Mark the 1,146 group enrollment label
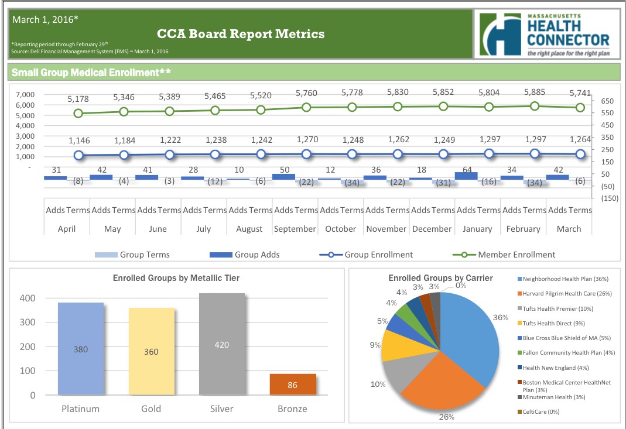(79, 140)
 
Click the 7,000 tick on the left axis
(24, 94)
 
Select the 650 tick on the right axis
(607, 101)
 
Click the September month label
(295, 229)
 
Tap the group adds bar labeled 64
(466, 175)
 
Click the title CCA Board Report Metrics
(241, 34)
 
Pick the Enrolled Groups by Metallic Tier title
(176, 279)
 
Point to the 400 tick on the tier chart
(29, 298)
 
